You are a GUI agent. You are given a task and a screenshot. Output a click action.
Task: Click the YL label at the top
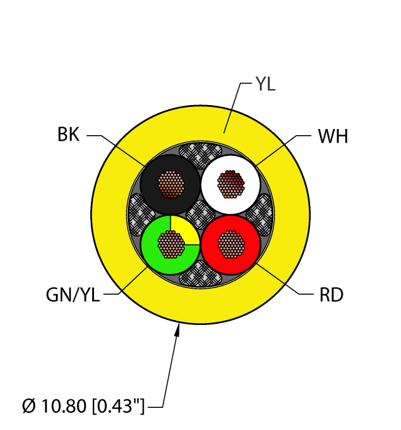[x=265, y=85]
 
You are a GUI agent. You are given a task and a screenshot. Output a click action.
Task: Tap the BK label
[x=69, y=135]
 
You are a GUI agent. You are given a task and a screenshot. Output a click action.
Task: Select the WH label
[x=333, y=136]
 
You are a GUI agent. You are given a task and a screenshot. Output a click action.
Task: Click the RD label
[x=331, y=295]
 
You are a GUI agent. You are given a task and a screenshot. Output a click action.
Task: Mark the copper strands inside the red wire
[x=231, y=244]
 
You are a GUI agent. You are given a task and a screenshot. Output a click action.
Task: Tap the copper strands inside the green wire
[x=169, y=244]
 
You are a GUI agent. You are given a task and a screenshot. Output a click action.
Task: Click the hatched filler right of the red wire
[x=260, y=212]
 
